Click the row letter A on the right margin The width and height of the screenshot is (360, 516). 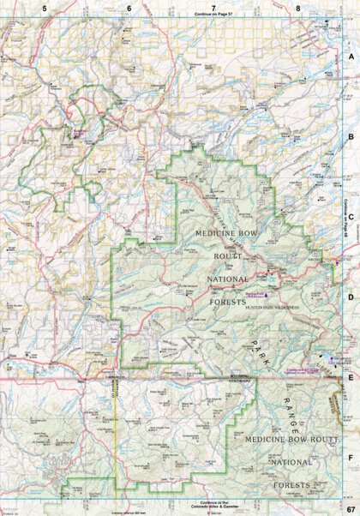(x=351, y=55)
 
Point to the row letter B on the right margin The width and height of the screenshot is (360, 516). (x=351, y=135)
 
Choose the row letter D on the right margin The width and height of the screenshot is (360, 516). (x=351, y=297)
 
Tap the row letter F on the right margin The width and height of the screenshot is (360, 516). (x=351, y=459)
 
